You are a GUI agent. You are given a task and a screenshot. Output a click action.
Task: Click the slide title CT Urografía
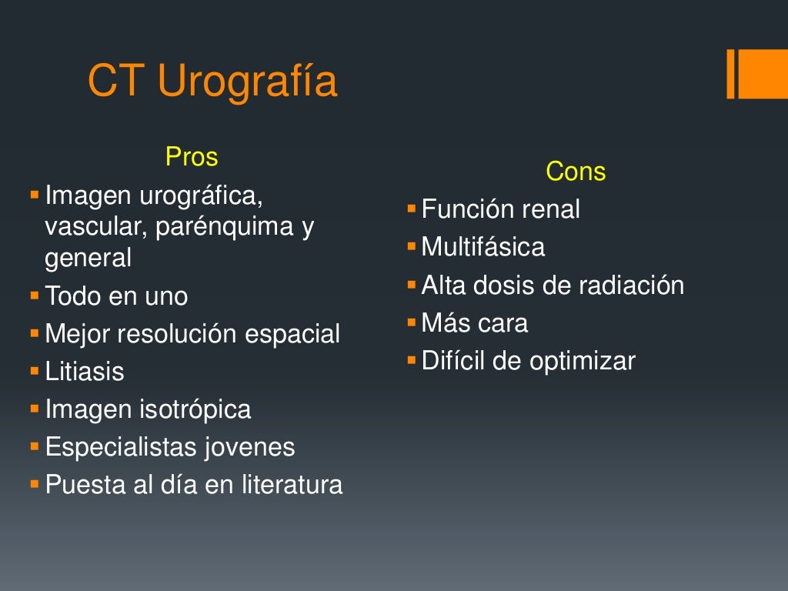pos(212,81)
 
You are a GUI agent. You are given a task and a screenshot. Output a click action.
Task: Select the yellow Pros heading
pos(192,157)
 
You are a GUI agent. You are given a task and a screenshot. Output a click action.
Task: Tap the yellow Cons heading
pos(576,172)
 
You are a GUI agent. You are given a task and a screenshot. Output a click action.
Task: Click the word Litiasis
pos(85,372)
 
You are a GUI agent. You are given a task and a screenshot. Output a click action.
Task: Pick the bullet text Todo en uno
pos(116,296)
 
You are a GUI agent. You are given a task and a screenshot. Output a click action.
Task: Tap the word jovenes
pos(250,447)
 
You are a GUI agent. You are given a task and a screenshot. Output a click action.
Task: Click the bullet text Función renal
pos(501,209)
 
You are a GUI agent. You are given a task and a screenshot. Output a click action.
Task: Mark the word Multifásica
pos(483,247)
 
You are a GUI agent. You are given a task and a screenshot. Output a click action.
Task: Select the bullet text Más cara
pos(475,323)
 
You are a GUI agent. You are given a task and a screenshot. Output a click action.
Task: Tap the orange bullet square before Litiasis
pos(34,371)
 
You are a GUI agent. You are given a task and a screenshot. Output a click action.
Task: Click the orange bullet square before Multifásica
pos(411,246)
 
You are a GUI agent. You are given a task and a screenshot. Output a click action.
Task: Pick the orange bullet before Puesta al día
pos(34,484)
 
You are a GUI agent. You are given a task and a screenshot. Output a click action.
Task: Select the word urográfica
pos(201,196)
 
